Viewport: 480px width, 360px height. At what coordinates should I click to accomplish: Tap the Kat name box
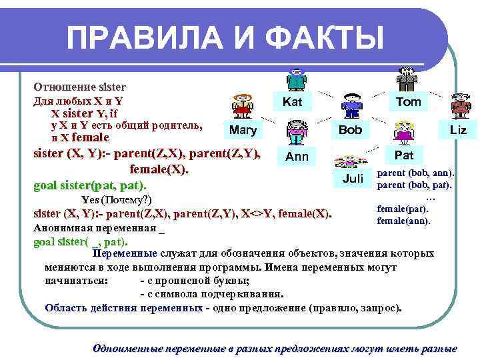point(293,102)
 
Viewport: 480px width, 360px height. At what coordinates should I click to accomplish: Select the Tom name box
point(408,102)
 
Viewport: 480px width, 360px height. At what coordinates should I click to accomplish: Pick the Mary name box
point(242,129)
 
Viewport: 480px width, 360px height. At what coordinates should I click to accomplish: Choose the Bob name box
point(351,129)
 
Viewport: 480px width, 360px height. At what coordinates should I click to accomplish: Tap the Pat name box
point(405,155)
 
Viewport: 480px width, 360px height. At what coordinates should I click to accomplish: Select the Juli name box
point(353,178)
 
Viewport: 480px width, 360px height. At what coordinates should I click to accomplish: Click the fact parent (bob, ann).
point(415,173)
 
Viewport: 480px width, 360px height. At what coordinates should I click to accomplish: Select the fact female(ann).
point(403,220)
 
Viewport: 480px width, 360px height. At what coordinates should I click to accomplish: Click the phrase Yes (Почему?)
point(117,200)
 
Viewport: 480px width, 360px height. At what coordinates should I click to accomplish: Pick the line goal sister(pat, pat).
point(90,185)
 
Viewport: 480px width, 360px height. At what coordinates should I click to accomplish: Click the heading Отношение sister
point(80,87)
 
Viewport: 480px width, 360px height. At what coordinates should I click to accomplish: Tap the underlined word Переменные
point(125,253)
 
